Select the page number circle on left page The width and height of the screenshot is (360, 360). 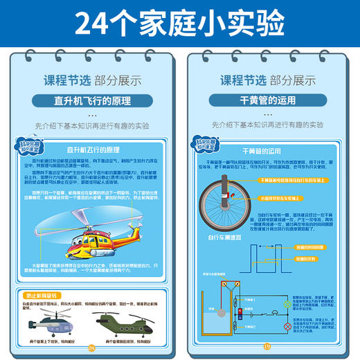91,347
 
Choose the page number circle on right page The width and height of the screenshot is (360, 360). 267,347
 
